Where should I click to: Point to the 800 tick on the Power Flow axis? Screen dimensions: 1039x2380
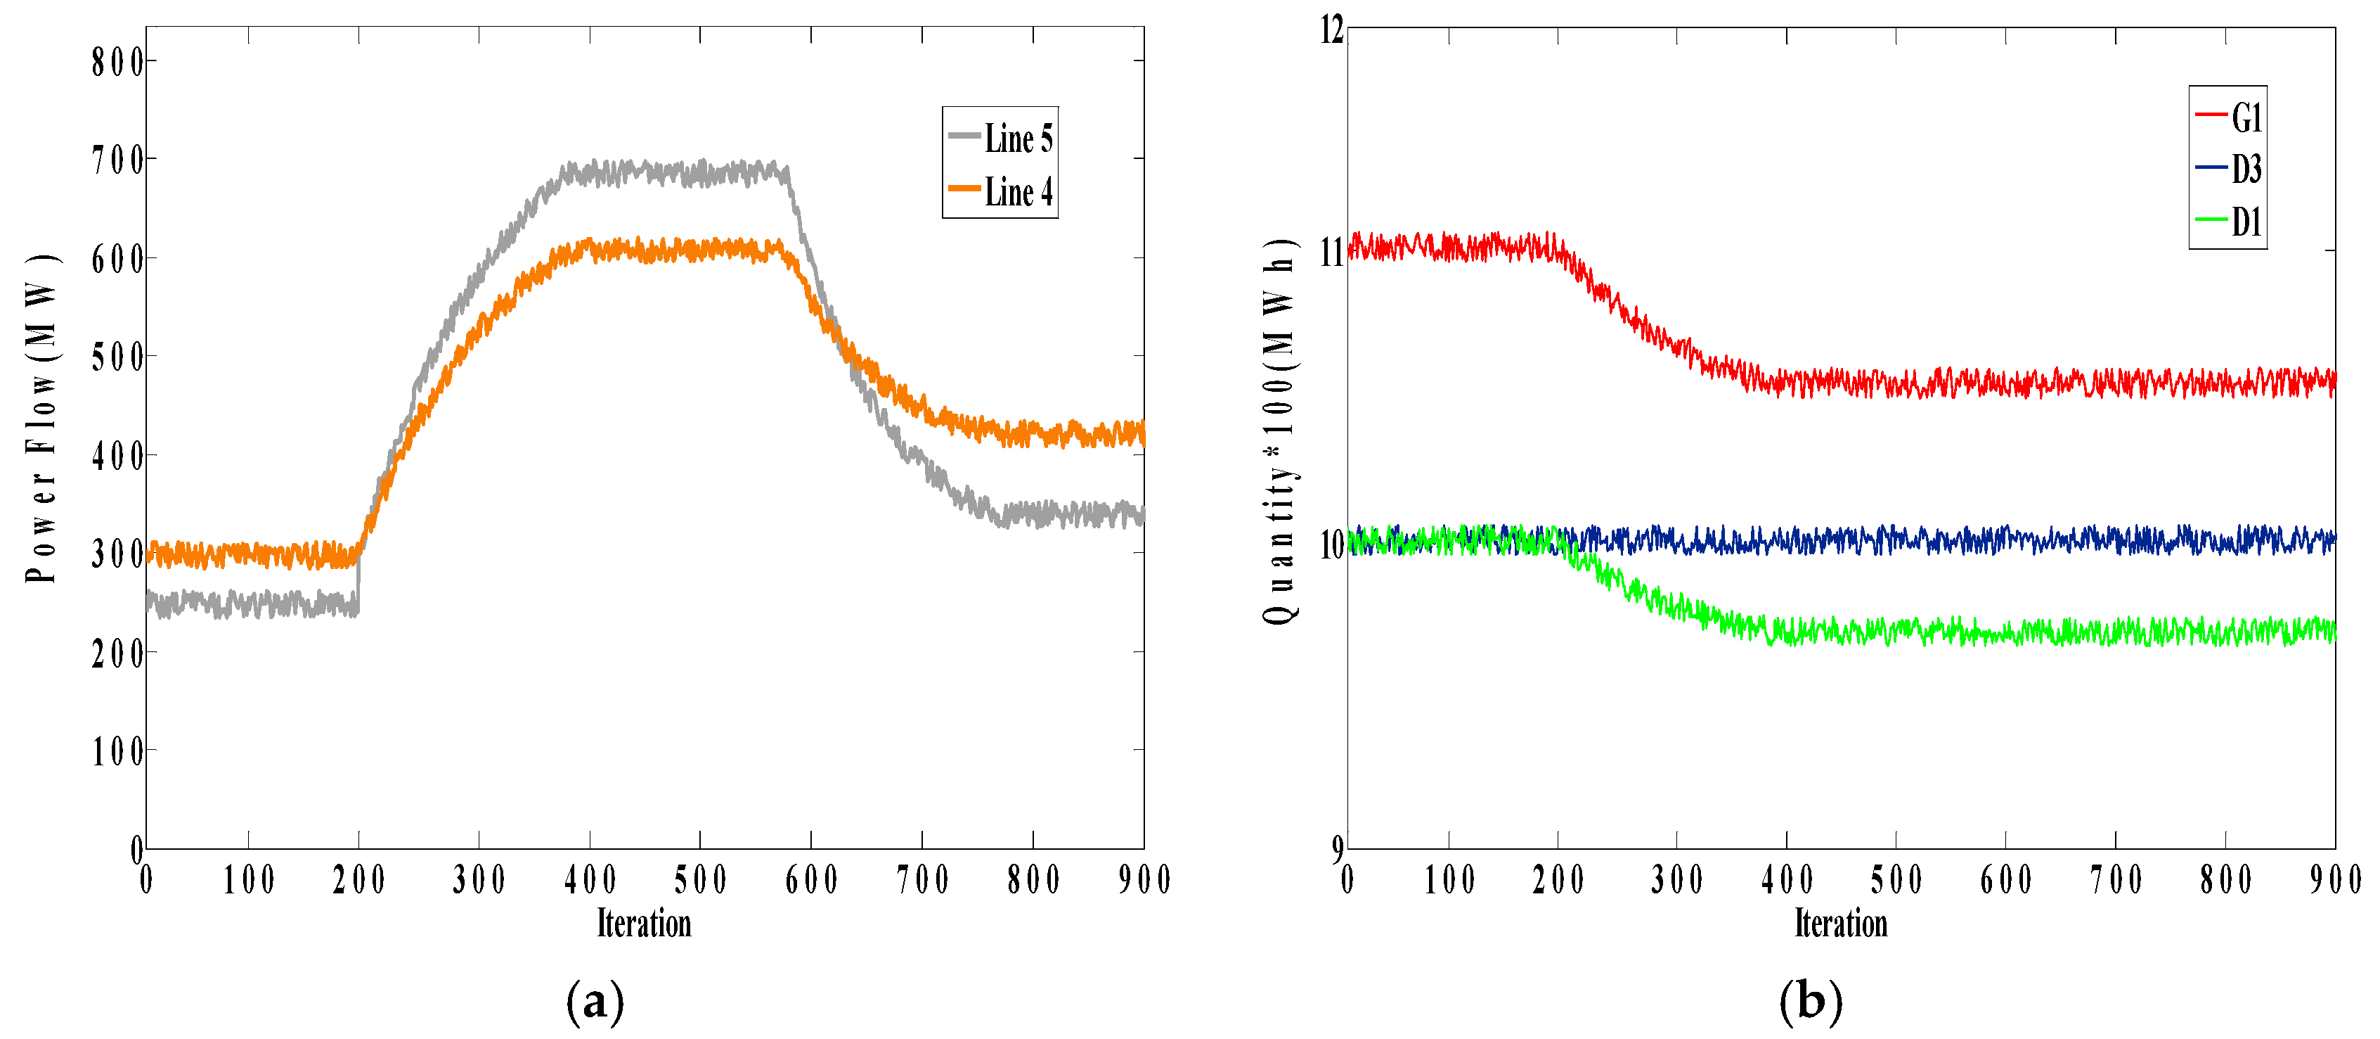point(117,63)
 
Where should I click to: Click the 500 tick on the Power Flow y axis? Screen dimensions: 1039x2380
point(117,357)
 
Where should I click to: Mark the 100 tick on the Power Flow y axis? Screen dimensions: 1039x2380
point(117,751)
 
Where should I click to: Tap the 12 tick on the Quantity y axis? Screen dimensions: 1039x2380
point(1331,30)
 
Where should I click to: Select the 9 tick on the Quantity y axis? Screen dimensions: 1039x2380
point(1337,848)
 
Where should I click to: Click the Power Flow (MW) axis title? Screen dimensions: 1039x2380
point(41,418)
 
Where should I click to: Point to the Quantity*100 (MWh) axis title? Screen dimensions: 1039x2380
point(1280,433)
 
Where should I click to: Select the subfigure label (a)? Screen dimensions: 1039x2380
point(595,1002)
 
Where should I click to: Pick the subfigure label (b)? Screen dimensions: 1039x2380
point(1810,1002)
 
